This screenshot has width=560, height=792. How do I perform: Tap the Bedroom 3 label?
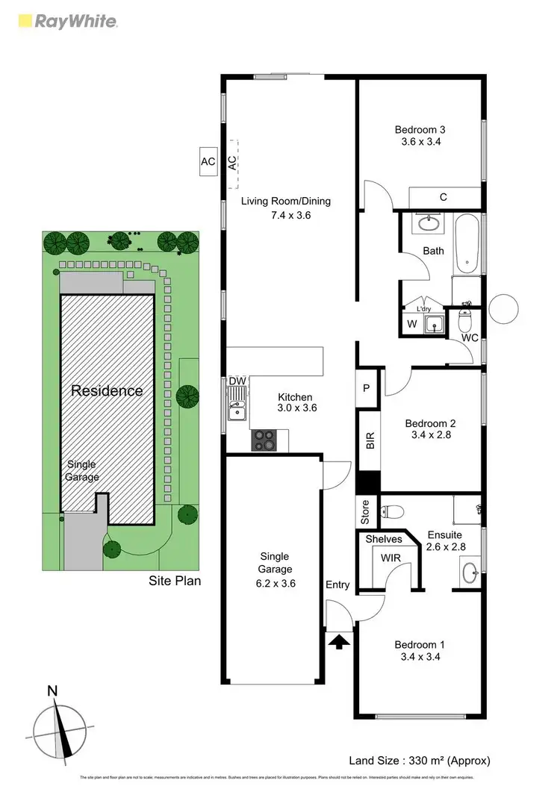[419, 130]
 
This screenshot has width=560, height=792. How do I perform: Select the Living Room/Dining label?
[285, 202]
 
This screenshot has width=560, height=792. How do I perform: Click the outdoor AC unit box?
[208, 161]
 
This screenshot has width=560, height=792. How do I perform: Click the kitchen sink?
[237, 411]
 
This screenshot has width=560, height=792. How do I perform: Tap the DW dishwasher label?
[237, 381]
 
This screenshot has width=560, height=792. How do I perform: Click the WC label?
[470, 338]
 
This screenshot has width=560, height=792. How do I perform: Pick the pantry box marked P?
[367, 387]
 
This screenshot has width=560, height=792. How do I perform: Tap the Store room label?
[365, 513]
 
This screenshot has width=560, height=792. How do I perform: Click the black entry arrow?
[339, 640]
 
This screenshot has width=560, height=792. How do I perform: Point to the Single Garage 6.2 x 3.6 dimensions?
[275, 584]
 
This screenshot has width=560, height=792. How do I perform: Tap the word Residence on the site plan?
[107, 390]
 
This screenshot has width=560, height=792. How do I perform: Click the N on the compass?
[52, 691]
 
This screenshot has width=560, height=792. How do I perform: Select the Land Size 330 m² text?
[419, 761]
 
